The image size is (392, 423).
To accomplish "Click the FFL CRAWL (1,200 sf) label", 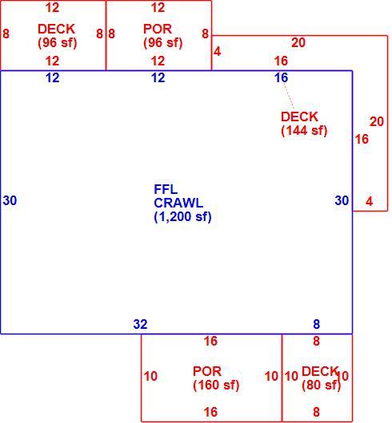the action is point(182,204).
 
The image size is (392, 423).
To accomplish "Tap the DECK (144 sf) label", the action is point(304,124).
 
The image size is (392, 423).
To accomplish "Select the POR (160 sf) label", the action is point(216,378).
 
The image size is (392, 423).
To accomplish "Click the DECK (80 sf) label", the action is point(321,378).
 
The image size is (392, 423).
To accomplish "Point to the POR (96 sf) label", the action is point(162,36).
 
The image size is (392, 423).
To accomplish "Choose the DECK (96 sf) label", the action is point(57,36).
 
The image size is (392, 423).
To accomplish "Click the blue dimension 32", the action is point(140,324).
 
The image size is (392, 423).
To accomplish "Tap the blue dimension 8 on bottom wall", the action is point(317,324).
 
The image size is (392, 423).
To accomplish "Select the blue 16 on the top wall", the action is point(281,77).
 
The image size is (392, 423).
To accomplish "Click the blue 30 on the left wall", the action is point(10,200).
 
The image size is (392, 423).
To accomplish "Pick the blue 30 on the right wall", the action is point(342,200).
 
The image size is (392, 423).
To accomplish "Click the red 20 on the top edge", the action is point(298,42).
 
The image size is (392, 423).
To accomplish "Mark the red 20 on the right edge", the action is point(377,121).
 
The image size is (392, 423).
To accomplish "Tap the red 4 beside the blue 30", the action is point(370,201).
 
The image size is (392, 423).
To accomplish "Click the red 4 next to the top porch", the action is point(217,51).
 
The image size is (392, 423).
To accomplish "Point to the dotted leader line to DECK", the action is point(289,96).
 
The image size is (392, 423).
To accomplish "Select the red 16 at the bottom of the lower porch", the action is point(210,412).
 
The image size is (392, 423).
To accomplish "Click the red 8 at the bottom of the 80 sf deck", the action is point(317,412).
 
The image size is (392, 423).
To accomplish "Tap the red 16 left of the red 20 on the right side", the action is point(362,139).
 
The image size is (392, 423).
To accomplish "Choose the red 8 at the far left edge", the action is point(6,34).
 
